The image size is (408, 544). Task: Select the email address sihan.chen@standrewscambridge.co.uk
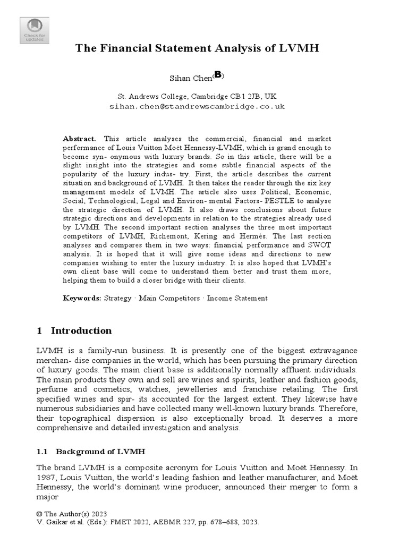[x=197, y=106]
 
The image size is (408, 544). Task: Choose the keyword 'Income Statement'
[x=237, y=299]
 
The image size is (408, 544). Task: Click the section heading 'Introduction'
[x=81, y=331]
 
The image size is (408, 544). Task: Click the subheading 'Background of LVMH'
[x=101, y=452]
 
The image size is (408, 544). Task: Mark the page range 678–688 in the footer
[x=219, y=523]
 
